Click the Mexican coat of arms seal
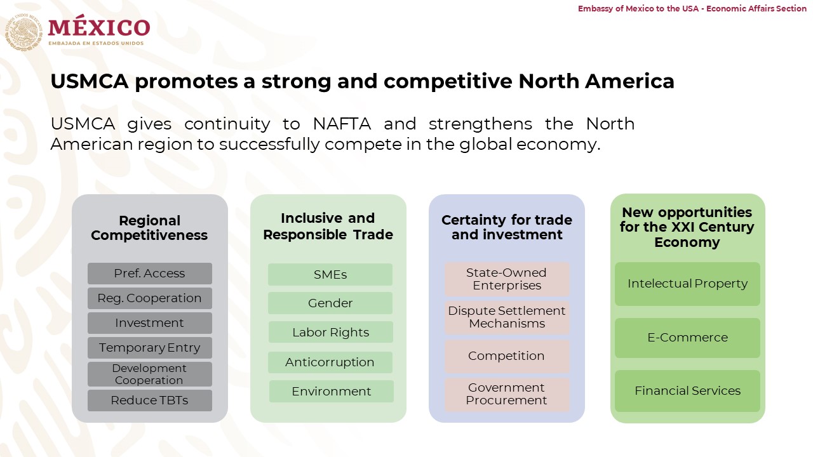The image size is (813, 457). tap(24, 32)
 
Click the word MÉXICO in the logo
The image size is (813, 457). tap(99, 27)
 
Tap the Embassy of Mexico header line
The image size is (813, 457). tap(692, 8)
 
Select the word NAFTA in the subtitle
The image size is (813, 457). tap(342, 124)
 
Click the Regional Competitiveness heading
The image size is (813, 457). tap(149, 228)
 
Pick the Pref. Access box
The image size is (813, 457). tap(149, 274)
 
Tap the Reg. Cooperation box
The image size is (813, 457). tap(149, 298)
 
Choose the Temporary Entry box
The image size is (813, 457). tap(149, 348)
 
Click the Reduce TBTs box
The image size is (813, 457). tap(149, 401)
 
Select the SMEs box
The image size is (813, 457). tap(330, 275)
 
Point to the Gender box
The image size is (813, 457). tap(330, 303)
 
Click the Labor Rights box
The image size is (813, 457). tap(331, 332)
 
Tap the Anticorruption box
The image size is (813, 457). tap(330, 362)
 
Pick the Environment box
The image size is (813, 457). tap(332, 392)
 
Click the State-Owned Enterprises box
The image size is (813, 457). tap(507, 279)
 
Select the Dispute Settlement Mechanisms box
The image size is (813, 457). tap(507, 317)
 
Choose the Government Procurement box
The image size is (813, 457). tap(507, 395)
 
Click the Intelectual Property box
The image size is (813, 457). tap(687, 284)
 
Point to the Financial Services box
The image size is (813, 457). tap(687, 391)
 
